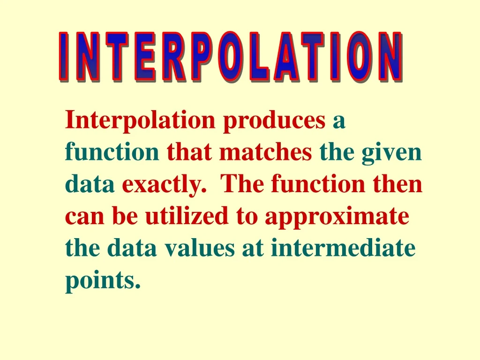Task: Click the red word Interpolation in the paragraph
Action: point(140,120)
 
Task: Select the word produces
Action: point(274,121)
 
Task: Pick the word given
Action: point(391,153)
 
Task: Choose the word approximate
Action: point(336,217)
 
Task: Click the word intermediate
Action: point(343,248)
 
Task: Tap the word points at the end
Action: point(103,280)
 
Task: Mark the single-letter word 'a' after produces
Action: point(339,121)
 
